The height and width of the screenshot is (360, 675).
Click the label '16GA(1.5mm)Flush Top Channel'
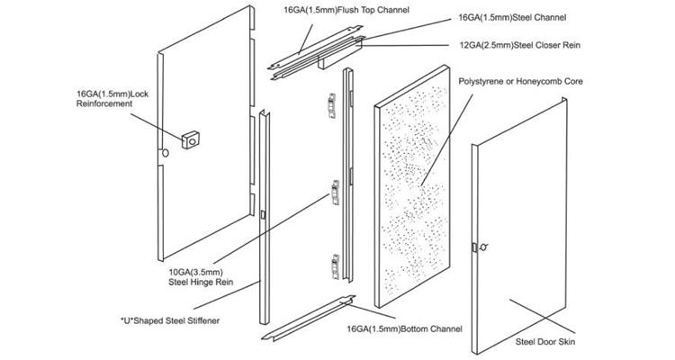[346, 10]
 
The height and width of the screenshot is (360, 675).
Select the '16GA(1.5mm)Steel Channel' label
[513, 18]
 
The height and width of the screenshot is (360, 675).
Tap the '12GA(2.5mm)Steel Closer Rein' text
[520, 45]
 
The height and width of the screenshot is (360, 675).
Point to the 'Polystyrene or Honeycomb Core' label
[520, 81]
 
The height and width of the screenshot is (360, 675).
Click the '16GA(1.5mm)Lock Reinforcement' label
[112, 99]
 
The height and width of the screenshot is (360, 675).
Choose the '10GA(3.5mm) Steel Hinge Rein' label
[201, 277]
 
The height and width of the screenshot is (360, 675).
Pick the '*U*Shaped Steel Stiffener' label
[170, 320]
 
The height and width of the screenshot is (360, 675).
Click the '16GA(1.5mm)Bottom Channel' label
[405, 329]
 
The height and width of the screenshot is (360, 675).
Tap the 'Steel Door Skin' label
[545, 342]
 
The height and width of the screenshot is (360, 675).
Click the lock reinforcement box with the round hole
[191, 139]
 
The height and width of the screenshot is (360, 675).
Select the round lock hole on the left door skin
[166, 152]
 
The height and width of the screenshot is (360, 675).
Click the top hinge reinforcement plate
[331, 106]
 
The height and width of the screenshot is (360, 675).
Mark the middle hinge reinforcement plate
[335, 193]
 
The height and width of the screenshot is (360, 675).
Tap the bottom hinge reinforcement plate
[335, 266]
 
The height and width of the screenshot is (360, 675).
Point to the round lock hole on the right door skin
[484, 247]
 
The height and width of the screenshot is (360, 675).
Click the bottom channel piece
[308, 319]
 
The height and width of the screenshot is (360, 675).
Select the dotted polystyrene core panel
[412, 186]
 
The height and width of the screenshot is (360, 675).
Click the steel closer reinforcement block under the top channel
[328, 63]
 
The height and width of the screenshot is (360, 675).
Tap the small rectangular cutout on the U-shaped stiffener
[263, 214]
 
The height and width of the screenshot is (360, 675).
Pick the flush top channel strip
[315, 48]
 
